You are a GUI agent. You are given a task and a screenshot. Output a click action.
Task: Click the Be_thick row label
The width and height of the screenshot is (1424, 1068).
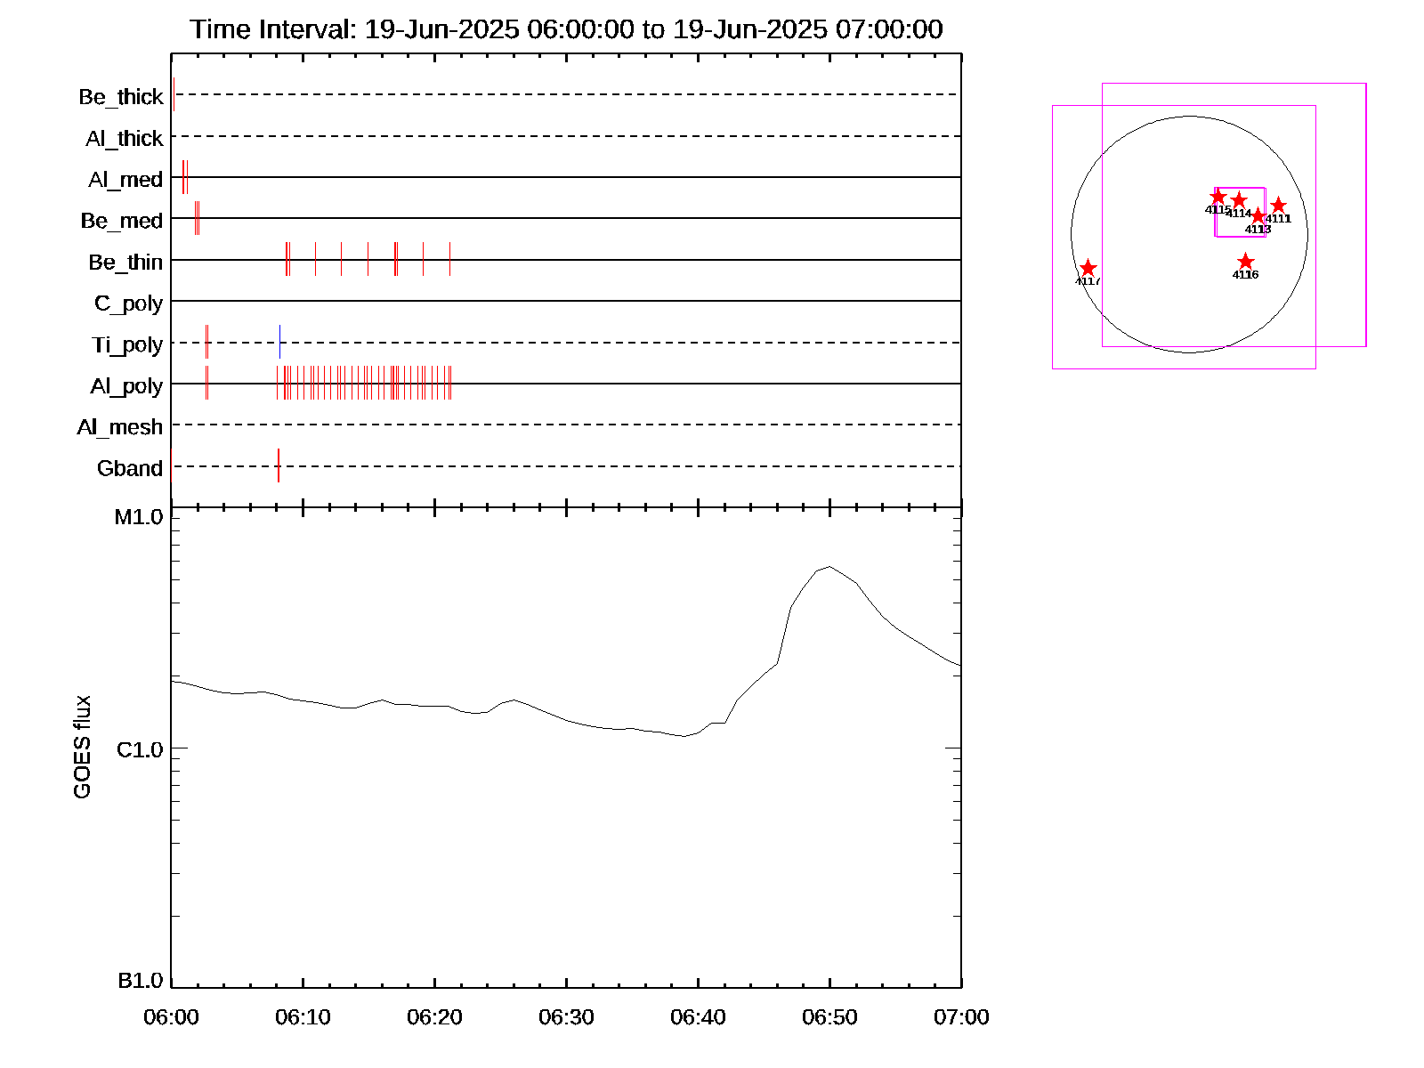[x=121, y=96]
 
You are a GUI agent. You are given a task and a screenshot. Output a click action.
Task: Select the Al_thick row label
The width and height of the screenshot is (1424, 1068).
[x=125, y=138]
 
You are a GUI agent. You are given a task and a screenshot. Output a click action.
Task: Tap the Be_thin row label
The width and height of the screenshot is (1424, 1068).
[x=125, y=262]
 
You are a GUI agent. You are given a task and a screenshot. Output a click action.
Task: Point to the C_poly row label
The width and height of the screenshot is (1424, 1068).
[x=128, y=303]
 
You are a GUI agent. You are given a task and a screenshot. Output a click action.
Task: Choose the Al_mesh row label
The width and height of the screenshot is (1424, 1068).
[x=120, y=427]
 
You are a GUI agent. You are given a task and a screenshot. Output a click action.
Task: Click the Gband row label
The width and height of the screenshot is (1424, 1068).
[x=130, y=468]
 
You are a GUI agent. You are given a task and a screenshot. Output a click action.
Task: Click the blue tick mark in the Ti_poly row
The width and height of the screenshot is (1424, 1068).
[x=279, y=342]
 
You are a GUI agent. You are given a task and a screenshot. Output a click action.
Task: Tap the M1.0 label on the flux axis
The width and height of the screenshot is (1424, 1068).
[x=139, y=517]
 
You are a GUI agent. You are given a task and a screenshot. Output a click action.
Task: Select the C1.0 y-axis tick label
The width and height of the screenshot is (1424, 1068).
[x=140, y=749]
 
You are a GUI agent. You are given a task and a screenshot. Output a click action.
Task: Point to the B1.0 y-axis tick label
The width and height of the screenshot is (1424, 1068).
[x=141, y=981]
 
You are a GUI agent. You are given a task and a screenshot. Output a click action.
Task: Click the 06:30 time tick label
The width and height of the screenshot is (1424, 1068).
[x=566, y=1016]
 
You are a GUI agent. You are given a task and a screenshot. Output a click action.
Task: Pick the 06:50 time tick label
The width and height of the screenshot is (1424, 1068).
[x=829, y=1016]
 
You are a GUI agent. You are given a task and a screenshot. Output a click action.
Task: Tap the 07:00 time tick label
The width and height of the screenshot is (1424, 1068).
[x=961, y=1016]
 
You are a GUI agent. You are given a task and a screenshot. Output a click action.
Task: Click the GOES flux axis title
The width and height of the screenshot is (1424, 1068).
[x=82, y=747]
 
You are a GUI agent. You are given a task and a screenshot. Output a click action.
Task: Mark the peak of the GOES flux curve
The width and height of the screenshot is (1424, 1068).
[x=829, y=566]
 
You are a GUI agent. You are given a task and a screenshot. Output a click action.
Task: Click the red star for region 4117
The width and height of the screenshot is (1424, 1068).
[x=1088, y=268]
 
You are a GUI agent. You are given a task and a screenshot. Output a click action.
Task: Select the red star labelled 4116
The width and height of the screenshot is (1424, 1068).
[x=1245, y=262]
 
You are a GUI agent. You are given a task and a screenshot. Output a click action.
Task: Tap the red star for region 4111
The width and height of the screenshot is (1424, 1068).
[x=1278, y=206]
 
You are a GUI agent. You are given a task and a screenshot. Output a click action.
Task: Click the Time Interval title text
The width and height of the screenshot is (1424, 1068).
[x=566, y=29]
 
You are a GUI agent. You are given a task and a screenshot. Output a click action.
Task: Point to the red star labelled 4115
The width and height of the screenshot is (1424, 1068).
[x=1218, y=197]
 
